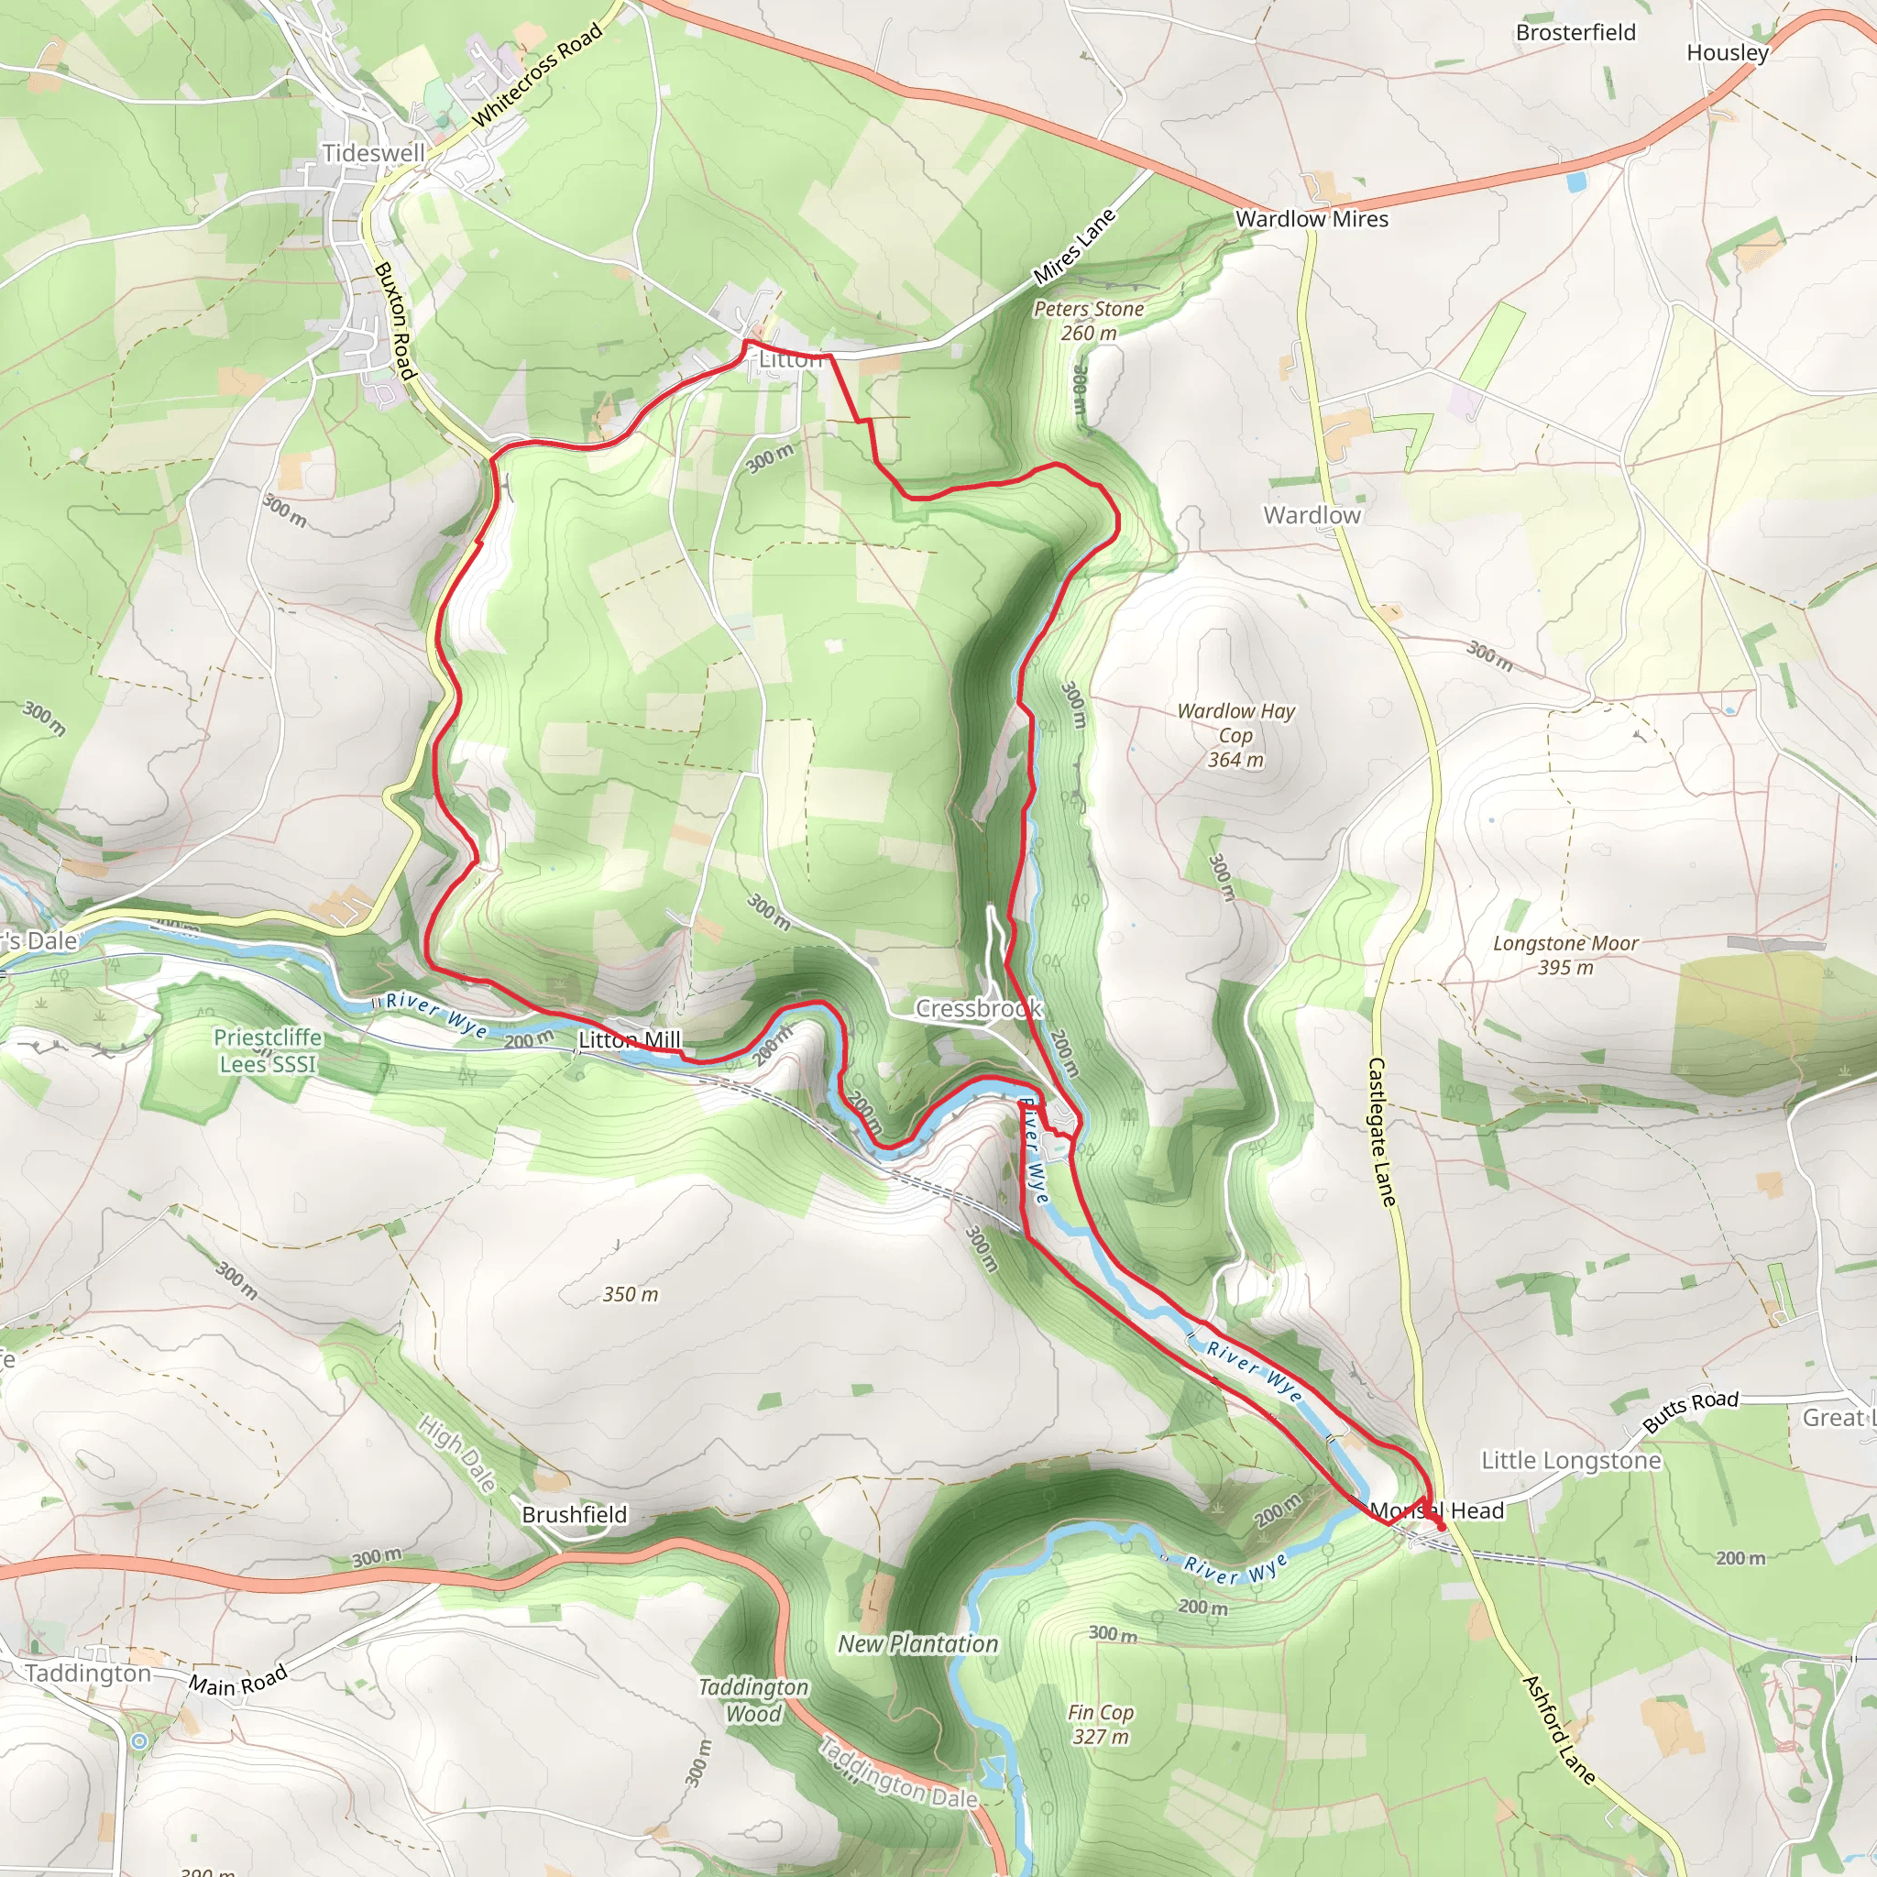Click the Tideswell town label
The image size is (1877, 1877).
374,153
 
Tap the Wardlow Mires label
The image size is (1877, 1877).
1312,220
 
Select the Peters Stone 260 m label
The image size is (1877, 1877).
1088,321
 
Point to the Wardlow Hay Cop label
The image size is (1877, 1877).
1235,735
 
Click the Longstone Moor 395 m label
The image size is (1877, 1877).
1565,955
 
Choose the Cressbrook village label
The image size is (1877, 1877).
978,1008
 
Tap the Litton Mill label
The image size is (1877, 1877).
630,1040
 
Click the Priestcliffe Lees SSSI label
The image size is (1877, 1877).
269,1050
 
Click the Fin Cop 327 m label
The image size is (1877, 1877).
1101,1725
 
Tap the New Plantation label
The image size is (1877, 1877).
918,1644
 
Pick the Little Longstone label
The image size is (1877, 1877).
1571,1461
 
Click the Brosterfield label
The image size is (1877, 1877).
1575,33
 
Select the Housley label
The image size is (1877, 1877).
1728,53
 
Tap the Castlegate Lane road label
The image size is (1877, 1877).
1381,1132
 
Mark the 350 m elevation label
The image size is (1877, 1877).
631,1294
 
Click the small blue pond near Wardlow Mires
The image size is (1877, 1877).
1575,181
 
